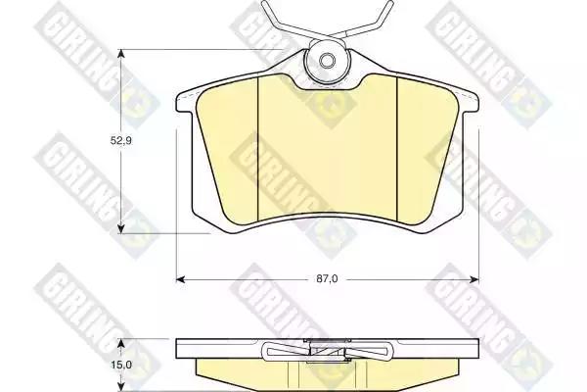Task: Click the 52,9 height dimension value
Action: (120, 141)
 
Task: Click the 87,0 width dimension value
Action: (327, 279)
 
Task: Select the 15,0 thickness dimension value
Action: (120, 365)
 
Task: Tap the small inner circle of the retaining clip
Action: (327, 61)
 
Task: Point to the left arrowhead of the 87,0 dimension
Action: (180, 279)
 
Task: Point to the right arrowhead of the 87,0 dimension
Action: (474, 279)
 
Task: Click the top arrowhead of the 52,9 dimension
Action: (120, 54)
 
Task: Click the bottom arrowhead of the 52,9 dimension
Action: (120, 228)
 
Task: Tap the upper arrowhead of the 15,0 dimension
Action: (120, 344)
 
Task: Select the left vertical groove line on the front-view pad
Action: (258, 149)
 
